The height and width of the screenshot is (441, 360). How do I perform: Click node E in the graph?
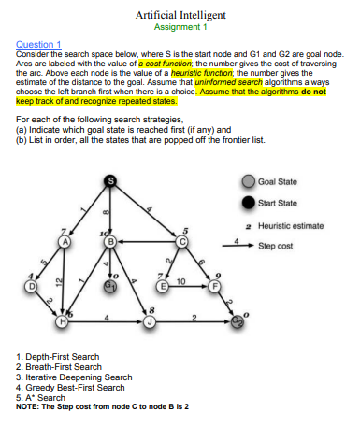[163, 285]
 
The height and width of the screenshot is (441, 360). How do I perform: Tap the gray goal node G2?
[238, 322]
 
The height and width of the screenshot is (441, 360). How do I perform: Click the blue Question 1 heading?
[38, 44]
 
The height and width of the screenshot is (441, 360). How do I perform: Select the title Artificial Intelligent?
[177, 16]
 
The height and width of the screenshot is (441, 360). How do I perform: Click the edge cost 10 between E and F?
[180, 280]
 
